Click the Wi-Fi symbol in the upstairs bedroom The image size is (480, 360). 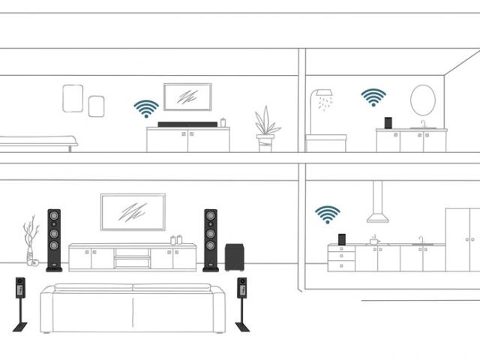pyautogui.click(x=145, y=109)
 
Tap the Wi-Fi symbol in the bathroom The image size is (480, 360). pyautogui.click(x=373, y=97)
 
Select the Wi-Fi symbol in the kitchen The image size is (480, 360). pyautogui.click(x=327, y=215)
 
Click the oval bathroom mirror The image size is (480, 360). pyautogui.click(x=422, y=100)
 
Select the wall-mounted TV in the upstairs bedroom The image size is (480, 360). pyautogui.click(x=187, y=97)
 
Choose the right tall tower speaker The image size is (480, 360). pyautogui.click(x=211, y=238)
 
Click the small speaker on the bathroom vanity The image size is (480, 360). pyautogui.click(x=388, y=122)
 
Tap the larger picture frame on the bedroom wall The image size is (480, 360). pyautogui.click(x=73, y=98)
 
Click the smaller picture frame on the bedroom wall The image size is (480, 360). pyautogui.click(x=96, y=106)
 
